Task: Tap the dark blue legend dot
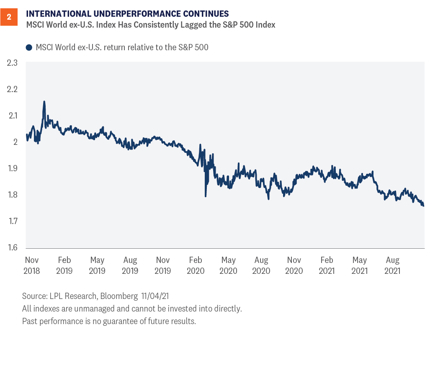[x=29, y=48]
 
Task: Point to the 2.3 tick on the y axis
[x=12, y=63]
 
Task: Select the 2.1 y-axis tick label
[x=12, y=116]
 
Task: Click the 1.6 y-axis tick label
[x=12, y=247]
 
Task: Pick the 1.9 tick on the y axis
[x=12, y=168]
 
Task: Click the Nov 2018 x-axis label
[x=32, y=265]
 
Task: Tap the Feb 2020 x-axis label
[x=196, y=265]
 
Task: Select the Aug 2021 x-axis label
[x=392, y=265]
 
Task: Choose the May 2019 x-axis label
[x=97, y=265]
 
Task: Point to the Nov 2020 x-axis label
[x=294, y=265]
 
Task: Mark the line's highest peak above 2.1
[x=44, y=101]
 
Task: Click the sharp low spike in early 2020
[x=206, y=196]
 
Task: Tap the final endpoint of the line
[x=423, y=206]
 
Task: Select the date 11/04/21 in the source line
[x=151, y=296]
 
